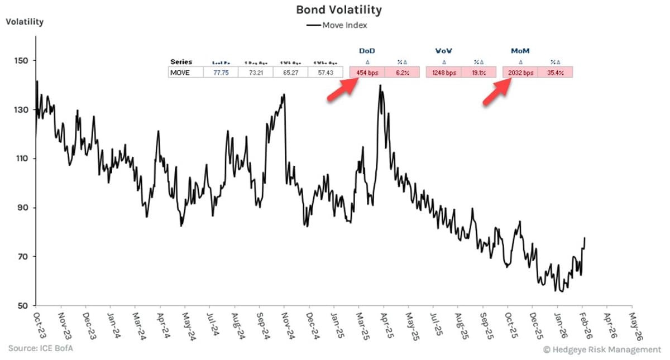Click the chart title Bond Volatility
(x=338, y=10)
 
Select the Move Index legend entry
(x=337, y=25)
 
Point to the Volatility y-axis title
(x=25, y=22)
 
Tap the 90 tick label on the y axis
(x=23, y=208)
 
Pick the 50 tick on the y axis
(x=23, y=306)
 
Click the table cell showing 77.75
(x=221, y=73)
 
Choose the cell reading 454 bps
(x=367, y=73)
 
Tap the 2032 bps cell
(x=520, y=73)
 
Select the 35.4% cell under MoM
(x=554, y=73)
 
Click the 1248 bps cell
(x=443, y=73)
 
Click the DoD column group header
(x=366, y=51)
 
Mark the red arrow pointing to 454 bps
(x=342, y=90)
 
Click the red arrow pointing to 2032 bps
(x=497, y=90)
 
